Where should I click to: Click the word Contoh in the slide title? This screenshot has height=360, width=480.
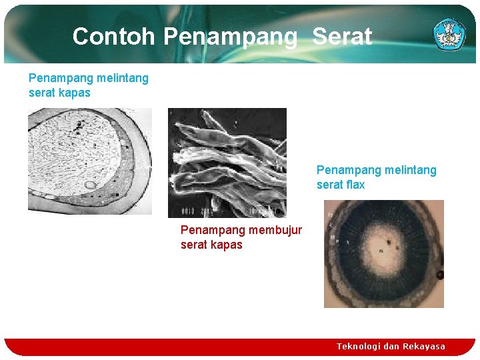point(114,36)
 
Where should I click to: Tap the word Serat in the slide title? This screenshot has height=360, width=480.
point(342,36)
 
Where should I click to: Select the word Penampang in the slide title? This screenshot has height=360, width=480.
point(230,37)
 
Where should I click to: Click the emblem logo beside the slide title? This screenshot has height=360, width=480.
point(449,33)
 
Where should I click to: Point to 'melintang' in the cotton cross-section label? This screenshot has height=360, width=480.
point(122,78)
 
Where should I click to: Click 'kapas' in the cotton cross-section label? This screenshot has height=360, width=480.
point(75,93)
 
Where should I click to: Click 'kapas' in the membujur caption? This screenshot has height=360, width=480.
point(227,245)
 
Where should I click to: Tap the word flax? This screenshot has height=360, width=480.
point(353,185)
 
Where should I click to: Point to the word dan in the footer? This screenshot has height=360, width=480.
point(391,346)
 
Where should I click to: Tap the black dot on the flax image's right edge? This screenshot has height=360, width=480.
point(439,275)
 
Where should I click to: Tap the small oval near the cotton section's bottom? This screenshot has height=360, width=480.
point(89,185)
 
